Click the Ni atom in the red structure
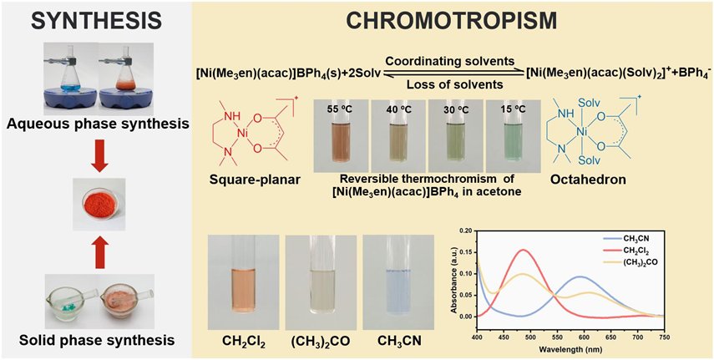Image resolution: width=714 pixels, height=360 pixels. coord(241,132)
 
